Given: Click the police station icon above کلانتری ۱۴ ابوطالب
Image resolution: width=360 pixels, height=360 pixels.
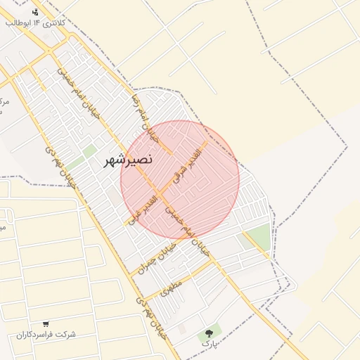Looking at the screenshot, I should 36,12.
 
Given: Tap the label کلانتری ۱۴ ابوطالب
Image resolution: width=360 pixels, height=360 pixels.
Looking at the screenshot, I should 35,23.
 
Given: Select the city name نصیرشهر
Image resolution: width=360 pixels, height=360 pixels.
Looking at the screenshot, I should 127,160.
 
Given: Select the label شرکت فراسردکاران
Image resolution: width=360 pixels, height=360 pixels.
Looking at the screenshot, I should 46,334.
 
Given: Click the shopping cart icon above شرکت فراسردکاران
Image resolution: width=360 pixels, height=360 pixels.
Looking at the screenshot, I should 46,324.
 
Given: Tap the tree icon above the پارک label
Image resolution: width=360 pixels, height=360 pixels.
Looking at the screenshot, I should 208,333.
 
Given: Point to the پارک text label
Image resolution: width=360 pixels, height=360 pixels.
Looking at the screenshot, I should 208,344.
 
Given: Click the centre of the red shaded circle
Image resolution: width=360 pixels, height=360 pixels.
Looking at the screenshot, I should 180,179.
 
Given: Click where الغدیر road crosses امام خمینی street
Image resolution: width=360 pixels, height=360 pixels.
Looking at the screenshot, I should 161,193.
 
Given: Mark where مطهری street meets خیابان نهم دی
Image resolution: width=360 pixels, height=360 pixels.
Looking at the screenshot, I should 141,298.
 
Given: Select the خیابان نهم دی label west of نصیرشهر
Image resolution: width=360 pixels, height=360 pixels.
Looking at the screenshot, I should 60,166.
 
